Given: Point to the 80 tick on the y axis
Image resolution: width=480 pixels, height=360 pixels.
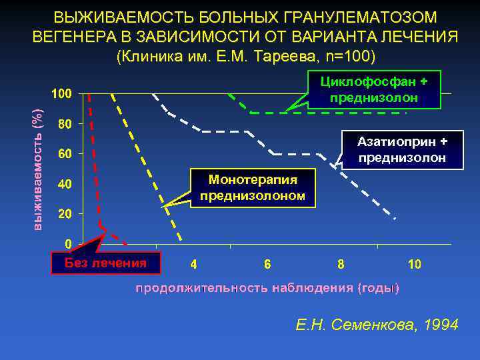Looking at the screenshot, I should [x=65, y=124].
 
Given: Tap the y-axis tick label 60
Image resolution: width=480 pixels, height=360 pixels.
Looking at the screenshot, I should [x=65, y=154].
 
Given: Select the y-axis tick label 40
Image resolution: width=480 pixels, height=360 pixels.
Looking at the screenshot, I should [x=65, y=184].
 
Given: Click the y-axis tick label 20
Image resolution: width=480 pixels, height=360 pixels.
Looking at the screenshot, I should [x=65, y=214].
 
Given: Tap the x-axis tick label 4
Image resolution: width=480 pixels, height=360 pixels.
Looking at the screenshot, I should [x=193, y=264].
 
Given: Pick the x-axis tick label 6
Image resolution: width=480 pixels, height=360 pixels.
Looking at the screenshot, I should [x=267, y=264].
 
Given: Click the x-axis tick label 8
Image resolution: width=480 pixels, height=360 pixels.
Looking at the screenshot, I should [x=341, y=264].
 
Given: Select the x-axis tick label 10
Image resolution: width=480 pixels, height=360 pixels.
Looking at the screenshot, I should [x=414, y=264].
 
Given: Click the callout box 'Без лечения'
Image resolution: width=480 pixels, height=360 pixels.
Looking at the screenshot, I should [x=106, y=263].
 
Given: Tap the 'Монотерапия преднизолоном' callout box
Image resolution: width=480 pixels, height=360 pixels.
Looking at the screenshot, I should [x=253, y=187].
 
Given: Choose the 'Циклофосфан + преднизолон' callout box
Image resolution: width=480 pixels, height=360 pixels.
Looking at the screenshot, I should [x=374, y=89].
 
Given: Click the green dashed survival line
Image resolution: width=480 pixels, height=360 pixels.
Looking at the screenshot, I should [x=267, y=113].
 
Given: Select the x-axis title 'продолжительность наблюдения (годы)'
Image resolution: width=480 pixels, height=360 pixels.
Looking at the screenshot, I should [x=267, y=288].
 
